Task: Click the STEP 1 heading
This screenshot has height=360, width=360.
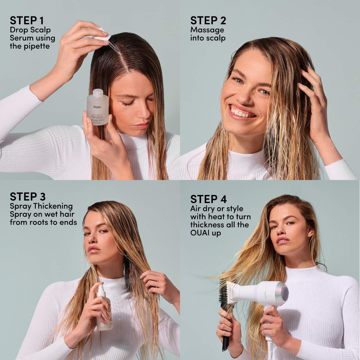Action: click(27, 21)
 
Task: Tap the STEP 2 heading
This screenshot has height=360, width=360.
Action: click(208, 21)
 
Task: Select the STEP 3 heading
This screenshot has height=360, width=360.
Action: click(28, 196)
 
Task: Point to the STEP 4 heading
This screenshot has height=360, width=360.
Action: click(208, 199)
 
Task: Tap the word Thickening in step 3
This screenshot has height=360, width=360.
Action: click(53, 206)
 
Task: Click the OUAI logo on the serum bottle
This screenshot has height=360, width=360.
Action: click(97, 107)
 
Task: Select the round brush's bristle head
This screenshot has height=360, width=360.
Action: click(226, 295)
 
